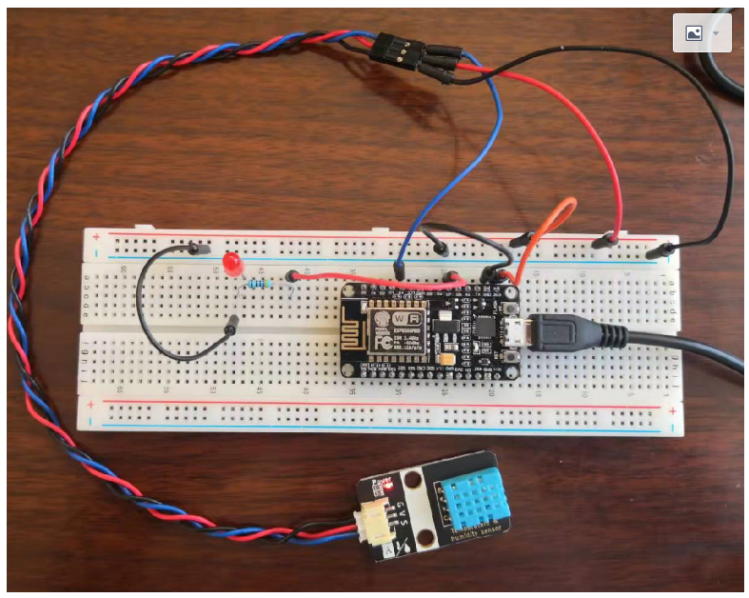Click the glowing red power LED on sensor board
click(389, 487)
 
